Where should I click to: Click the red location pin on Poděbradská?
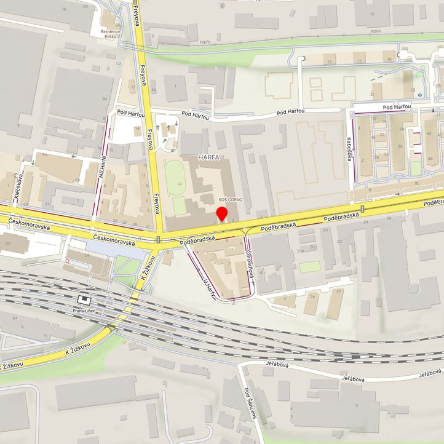(x=223, y=214)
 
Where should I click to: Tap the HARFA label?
(x=208, y=158)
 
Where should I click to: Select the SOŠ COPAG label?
(x=231, y=200)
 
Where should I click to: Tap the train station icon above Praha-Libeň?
(x=84, y=300)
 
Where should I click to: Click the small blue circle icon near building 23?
(x=419, y=95)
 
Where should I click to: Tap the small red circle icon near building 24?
(x=68, y=261)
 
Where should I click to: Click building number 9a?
(x=105, y=98)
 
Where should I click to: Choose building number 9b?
(x=417, y=183)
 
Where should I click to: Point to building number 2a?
(x=312, y=296)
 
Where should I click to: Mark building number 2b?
(x=338, y=291)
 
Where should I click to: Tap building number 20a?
(x=300, y=251)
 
